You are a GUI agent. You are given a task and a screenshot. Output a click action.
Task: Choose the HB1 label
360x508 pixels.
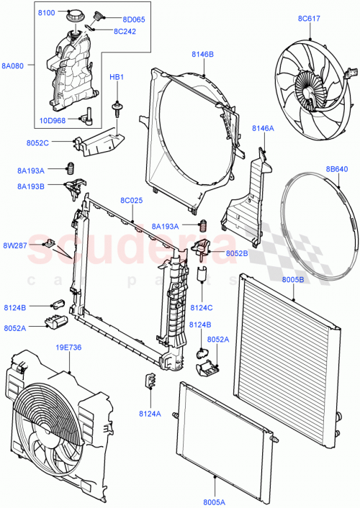(x=116, y=76)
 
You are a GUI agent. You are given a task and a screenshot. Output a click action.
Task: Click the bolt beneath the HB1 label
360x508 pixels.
(x=116, y=109)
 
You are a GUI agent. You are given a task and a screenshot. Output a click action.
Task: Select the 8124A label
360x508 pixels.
(x=149, y=414)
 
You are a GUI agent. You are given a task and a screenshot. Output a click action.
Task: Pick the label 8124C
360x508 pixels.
(x=202, y=307)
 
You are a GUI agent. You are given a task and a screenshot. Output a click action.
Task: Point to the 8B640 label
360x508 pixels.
(x=336, y=169)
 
